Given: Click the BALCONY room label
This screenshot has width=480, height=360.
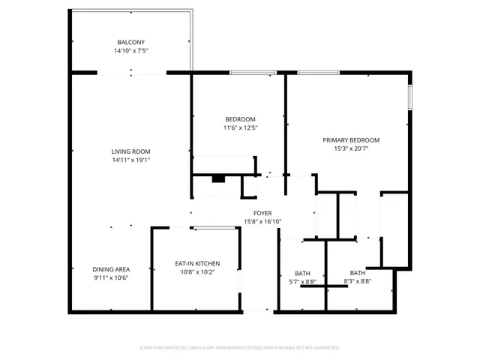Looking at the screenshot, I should [130, 42].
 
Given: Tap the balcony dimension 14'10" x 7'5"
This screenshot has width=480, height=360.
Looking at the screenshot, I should [130, 52].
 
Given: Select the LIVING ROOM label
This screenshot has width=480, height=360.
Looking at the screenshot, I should [131, 151].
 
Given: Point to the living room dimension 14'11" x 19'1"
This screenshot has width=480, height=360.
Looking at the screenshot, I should [131, 160].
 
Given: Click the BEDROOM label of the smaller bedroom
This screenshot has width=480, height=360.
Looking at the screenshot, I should [240, 119].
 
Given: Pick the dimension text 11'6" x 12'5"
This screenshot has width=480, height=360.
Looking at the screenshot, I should [240, 128].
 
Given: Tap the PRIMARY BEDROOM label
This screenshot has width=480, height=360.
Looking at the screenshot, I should [351, 140].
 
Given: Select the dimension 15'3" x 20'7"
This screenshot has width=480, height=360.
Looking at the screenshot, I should [351, 149].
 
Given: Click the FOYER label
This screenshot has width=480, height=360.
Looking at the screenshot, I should [262, 213].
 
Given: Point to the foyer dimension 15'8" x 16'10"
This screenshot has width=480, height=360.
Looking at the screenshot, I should [262, 222].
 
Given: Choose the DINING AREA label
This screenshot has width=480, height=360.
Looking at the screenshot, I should [111, 269].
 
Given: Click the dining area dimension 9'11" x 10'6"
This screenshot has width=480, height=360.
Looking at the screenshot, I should [111, 278].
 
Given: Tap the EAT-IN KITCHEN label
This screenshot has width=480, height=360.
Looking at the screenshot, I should [197, 263].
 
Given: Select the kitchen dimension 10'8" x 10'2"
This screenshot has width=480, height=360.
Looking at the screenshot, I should [197, 272].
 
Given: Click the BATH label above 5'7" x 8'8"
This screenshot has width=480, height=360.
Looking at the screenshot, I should [302, 273].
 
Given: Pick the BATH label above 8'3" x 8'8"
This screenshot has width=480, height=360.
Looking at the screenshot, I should [357, 272].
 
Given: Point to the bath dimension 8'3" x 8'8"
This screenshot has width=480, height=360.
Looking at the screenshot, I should [357, 281].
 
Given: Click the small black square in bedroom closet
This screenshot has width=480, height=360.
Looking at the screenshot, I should [218, 178].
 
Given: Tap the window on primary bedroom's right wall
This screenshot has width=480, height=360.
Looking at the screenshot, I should [409, 97].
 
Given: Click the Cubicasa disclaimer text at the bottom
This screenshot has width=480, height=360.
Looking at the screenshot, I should [240, 348].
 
